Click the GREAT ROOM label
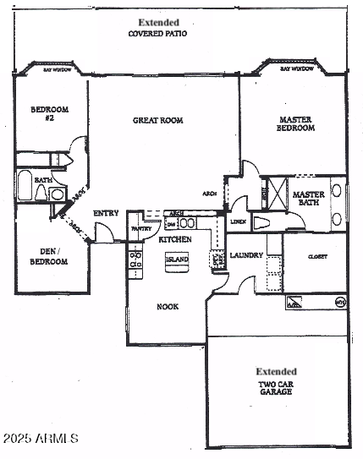click(157, 121)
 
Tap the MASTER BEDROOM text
click(296, 123)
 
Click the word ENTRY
click(106, 213)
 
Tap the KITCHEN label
click(175, 240)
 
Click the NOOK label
click(167, 306)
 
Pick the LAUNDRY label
click(247, 255)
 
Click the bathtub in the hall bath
click(25, 186)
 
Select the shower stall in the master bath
click(273, 193)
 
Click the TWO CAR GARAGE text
click(277, 388)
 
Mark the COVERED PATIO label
click(157, 34)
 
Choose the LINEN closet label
click(238, 221)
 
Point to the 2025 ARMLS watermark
click(41, 439)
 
